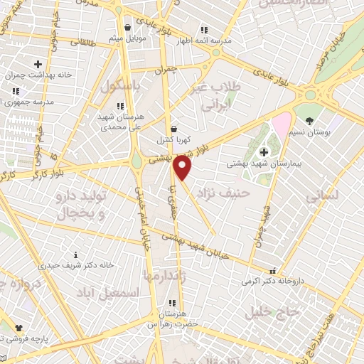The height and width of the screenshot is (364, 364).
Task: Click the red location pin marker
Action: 183,168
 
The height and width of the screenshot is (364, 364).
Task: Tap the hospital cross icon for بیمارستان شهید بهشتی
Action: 264,151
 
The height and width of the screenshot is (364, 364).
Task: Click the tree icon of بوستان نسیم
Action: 309,112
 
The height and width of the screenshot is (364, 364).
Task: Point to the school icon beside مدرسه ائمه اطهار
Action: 204,31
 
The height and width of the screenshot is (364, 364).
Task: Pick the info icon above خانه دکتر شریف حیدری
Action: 76,254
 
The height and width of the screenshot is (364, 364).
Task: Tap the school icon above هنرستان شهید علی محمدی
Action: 119,104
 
